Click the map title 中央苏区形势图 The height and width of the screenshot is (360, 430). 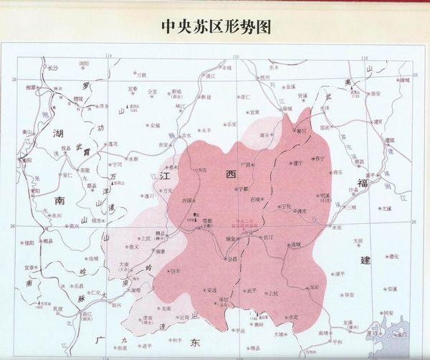[215, 27]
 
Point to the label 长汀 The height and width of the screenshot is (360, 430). [269, 237]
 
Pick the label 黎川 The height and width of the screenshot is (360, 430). [300, 131]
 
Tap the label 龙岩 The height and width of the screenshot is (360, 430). [314, 287]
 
